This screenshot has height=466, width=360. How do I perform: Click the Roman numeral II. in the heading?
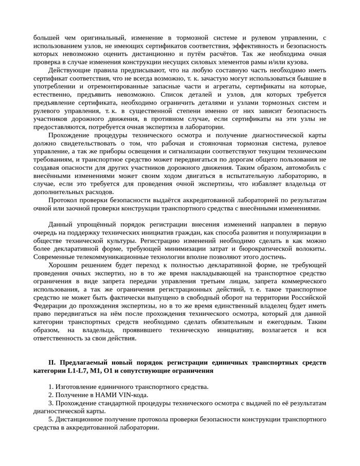pyautogui.click(x=52, y=363)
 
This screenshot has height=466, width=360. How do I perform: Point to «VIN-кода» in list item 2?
pyautogui.click(x=134, y=395)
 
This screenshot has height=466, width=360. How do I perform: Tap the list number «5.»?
pyautogui.click(x=51, y=419)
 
